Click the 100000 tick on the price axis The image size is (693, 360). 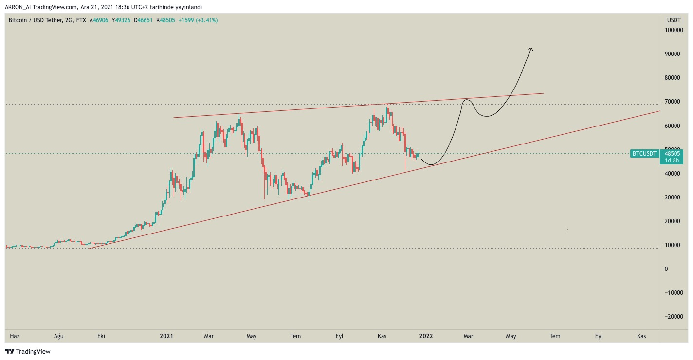click(674, 30)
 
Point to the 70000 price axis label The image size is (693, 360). click(673, 102)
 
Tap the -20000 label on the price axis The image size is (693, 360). click(674, 316)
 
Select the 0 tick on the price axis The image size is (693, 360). click(666, 269)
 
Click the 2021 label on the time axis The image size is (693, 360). click(166, 336)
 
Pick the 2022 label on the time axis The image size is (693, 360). click(426, 336)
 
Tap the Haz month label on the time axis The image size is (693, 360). click(15, 336)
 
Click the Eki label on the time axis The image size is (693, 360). click(101, 336)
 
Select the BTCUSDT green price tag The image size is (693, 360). click(644, 153)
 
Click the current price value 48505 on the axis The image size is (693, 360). click(672, 153)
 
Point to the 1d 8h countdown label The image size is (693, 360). click(672, 160)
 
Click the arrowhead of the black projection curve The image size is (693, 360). click(531, 49)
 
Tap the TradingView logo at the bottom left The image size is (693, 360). click(28, 351)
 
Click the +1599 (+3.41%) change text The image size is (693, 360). click(198, 20)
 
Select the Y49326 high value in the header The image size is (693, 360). click(121, 20)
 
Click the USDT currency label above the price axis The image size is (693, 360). click(674, 20)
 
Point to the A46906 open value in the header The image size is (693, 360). click(99, 20)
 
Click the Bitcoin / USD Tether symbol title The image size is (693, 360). click(36, 20)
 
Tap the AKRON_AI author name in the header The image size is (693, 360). click(18, 7)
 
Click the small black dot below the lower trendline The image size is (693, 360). click(568, 230)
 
